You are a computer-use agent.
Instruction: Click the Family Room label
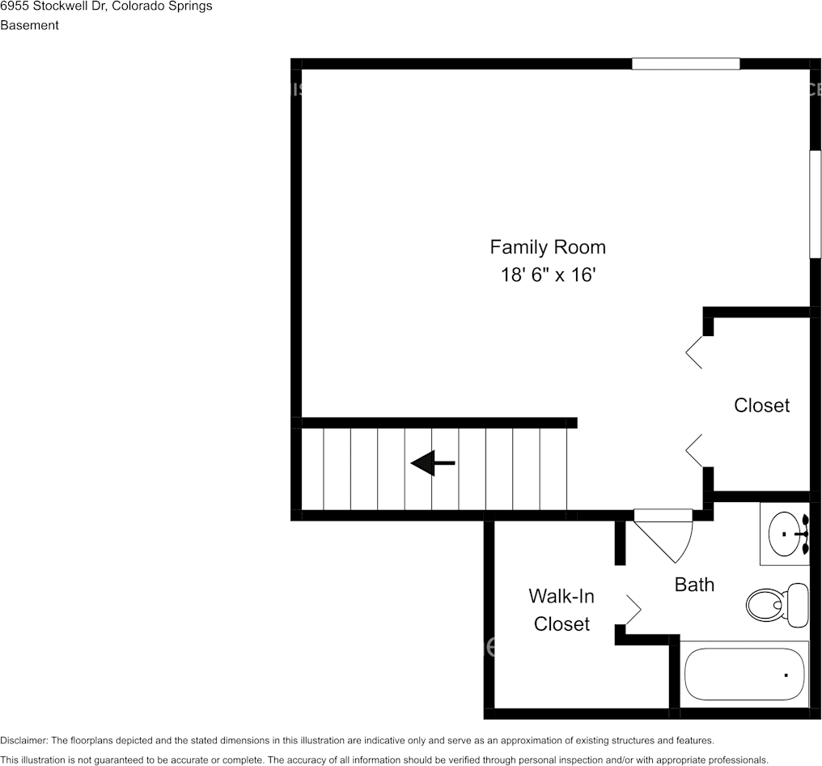tap(547, 247)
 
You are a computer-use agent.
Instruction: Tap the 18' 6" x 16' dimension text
tap(547, 275)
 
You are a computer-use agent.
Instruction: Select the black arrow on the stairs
tap(433, 463)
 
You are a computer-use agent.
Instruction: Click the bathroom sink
tap(784, 534)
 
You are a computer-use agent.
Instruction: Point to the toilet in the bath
tap(775, 603)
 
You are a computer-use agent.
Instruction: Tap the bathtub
tap(744, 674)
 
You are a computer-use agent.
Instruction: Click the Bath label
tap(694, 584)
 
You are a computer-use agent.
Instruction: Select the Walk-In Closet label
tap(561, 610)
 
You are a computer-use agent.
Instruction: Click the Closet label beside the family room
tap(761, 405)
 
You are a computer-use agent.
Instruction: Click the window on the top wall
tap(685, 64)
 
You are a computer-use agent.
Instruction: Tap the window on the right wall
tap(816, 204)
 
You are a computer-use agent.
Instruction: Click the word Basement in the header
tap(29, 25)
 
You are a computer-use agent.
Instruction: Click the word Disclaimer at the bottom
tap(23, 740)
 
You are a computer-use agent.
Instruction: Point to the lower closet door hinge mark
tap(694, 450)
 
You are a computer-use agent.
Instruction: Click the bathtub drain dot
tap(785, 675)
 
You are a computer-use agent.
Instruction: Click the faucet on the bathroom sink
tap(801, 534)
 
